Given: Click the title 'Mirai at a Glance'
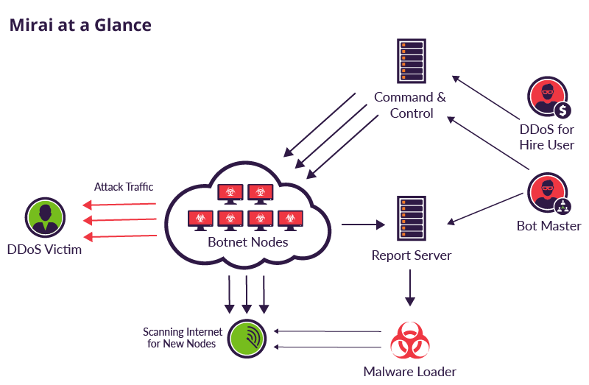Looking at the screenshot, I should pos(80,24).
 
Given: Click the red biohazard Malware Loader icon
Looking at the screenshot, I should pos(410,339).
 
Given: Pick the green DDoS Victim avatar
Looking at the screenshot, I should pos(43,217).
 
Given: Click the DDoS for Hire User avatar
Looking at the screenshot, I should pos(548,98).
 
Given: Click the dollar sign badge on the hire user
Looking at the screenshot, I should pos(563,111).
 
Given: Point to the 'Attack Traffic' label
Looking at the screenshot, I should pos(124,187).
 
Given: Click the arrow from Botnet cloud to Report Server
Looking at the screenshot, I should pos(364,224).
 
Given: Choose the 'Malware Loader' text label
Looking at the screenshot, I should pos(410,372).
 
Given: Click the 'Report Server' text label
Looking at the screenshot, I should pos(411,255).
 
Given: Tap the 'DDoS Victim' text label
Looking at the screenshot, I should pos(44,250).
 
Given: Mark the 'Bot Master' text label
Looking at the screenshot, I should pos(549,226).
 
